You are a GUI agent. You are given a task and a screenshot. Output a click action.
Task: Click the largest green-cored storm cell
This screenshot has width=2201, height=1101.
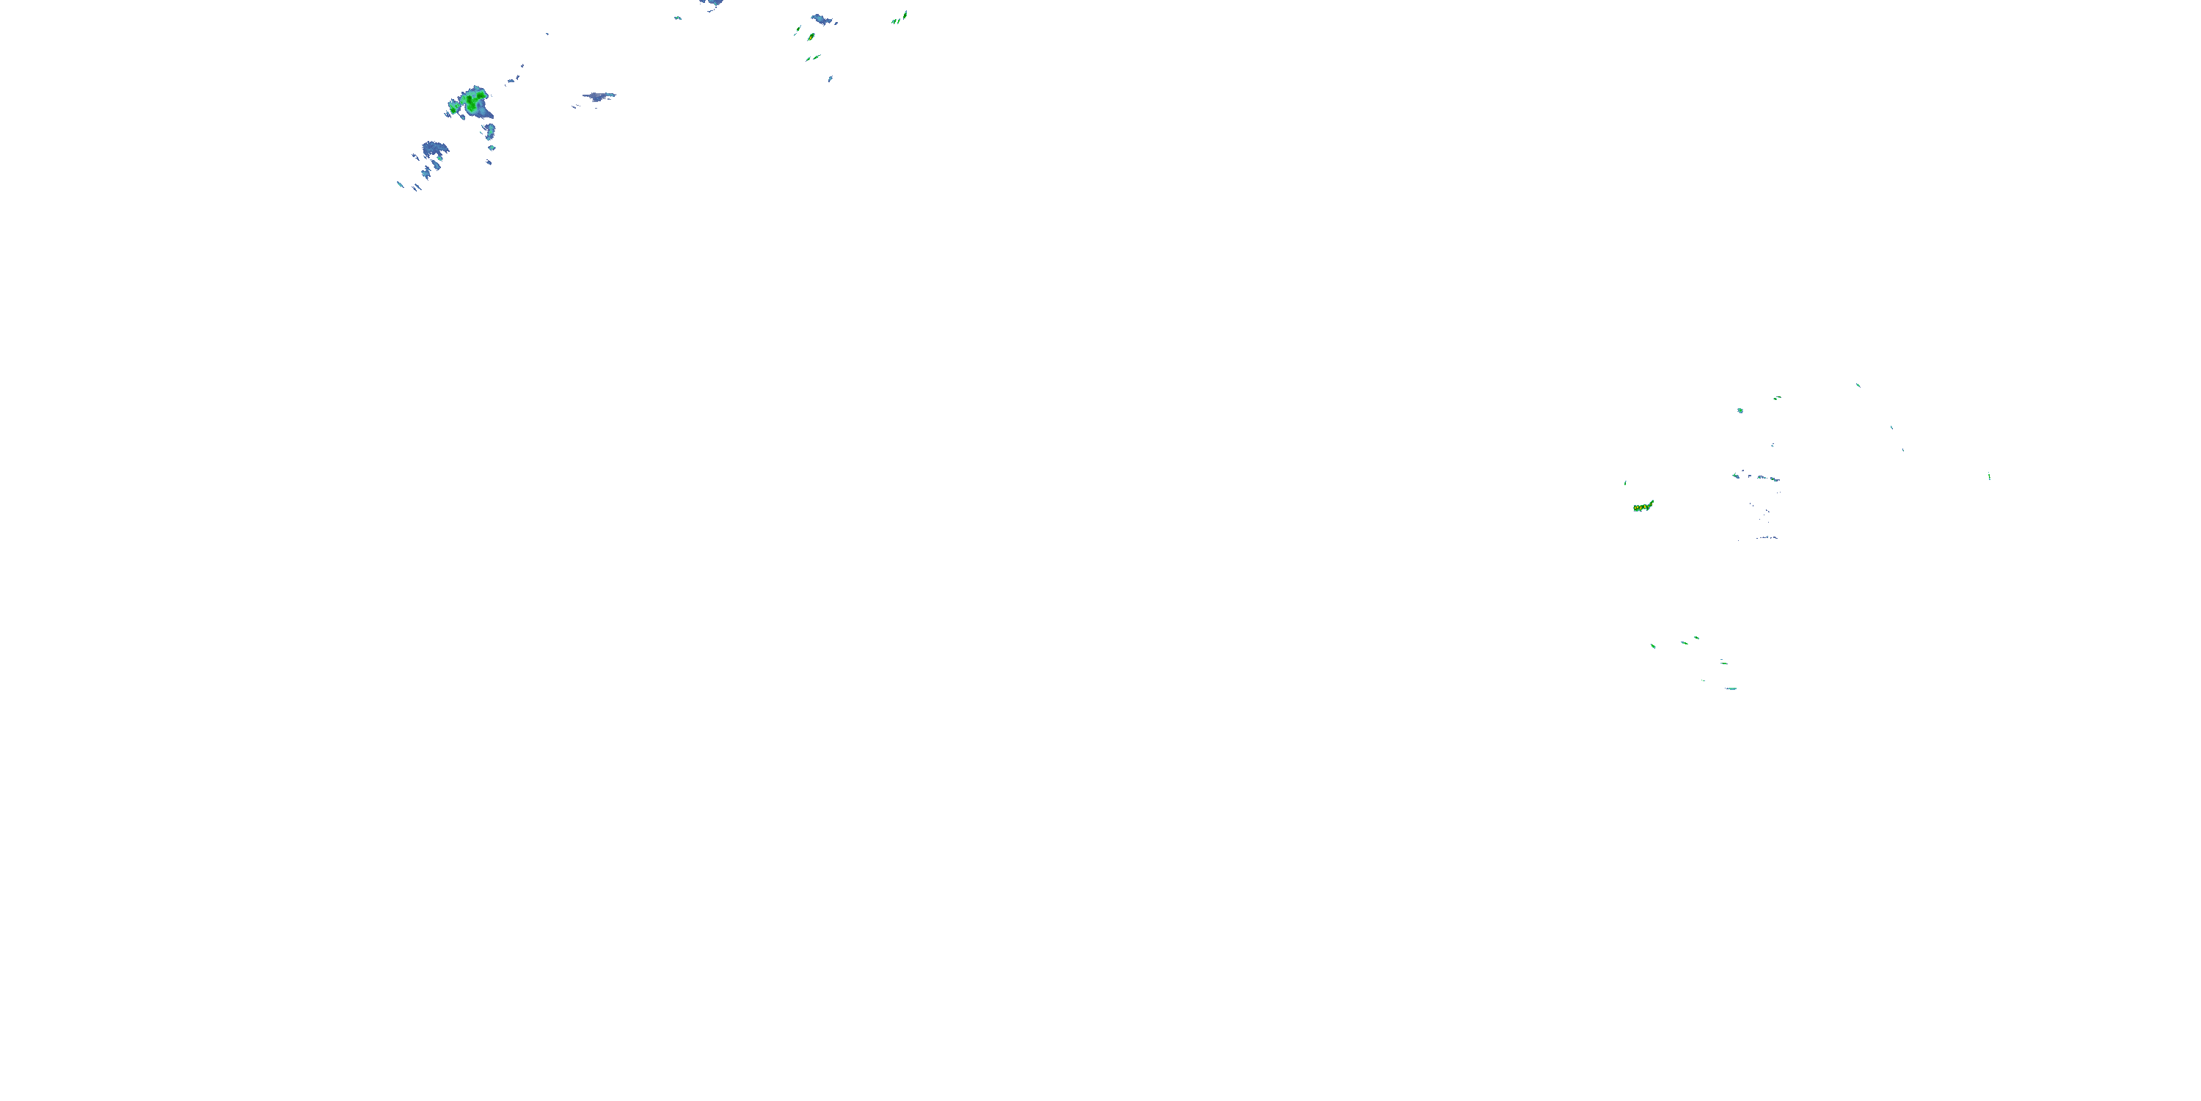pos(472,103)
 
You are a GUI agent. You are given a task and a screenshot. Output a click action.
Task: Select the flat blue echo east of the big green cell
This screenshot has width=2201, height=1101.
pos(599,97)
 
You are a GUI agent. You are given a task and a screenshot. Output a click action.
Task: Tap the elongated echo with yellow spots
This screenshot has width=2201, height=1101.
pos(1642,507)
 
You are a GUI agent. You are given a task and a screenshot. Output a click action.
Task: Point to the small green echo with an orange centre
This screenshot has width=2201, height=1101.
pos(810,37)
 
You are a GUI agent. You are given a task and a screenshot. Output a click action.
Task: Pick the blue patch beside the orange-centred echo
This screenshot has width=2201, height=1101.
pos(823,19)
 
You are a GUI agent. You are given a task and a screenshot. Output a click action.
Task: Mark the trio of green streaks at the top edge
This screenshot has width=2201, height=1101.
pos(899,17)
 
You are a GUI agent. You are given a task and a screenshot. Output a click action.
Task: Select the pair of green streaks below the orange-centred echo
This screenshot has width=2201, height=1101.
pos(813,58)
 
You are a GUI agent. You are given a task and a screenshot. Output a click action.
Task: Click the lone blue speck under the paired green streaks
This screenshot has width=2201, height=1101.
pos(831,79)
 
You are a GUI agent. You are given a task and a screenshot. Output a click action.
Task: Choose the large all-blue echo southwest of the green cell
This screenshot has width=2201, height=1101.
pos(435,150)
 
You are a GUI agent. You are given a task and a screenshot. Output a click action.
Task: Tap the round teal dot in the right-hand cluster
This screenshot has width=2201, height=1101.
pos(1740,410)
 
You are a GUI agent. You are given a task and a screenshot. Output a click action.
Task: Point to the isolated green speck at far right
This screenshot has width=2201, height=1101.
pos(1989,476)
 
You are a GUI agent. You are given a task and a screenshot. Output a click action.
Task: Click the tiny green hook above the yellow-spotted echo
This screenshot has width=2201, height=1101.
pos(1625,483)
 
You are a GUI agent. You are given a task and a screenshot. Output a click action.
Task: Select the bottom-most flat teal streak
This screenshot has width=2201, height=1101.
pos(1731,688)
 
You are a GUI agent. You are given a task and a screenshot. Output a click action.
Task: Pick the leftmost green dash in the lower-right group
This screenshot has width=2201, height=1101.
pos(1653,645)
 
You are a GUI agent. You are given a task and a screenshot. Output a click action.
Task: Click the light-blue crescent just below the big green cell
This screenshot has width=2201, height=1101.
pos(490,130)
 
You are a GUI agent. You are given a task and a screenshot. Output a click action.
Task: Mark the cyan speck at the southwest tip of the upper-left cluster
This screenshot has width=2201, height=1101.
pos(400,183)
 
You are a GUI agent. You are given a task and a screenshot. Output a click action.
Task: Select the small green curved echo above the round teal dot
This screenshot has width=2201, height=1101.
pos(1776,398)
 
